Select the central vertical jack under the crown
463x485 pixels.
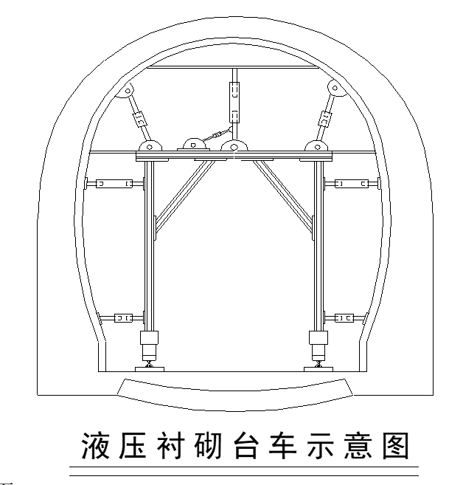tap(234, 102)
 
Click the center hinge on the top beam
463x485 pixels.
tap(234, 147)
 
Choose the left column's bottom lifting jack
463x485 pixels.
tap(150, 343)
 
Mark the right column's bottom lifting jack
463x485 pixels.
tap(318, 343)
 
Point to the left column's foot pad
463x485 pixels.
tap(150, 367)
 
